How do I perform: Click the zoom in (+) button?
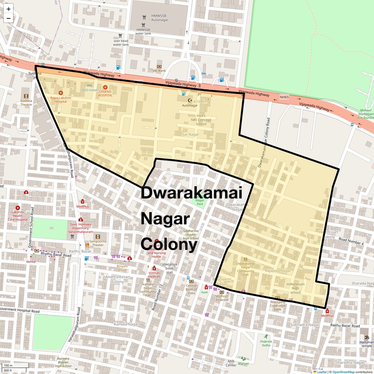click(x=9, y=9)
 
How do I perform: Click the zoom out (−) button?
click(x=9, y=18)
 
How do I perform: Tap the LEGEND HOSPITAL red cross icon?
click(x=105, y=87)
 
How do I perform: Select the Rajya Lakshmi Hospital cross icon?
click(x=61, y=93)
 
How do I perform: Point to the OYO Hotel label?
click(x=90, y=90)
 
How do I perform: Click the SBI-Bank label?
click(x=159, y=71)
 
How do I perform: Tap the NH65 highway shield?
click(x=284, y=97)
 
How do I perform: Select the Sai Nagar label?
click(x=191, y=135)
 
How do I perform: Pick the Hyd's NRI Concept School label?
click(x=201, y=120)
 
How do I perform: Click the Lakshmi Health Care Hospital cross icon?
click(x=18, y=208)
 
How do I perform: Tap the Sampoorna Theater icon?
click(x=97, y=237)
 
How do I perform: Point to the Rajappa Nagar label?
click(x=278, y=271)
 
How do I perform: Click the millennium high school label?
click(x=295, y=288)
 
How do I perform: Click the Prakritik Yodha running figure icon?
click(x=266, y=336)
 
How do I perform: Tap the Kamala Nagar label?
click(x=126, y=324)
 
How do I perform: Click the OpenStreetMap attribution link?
click(x=343, y=372)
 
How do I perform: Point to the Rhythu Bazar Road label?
click(x=56, y=255)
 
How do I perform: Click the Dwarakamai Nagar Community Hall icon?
click(x=245, y=259)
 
